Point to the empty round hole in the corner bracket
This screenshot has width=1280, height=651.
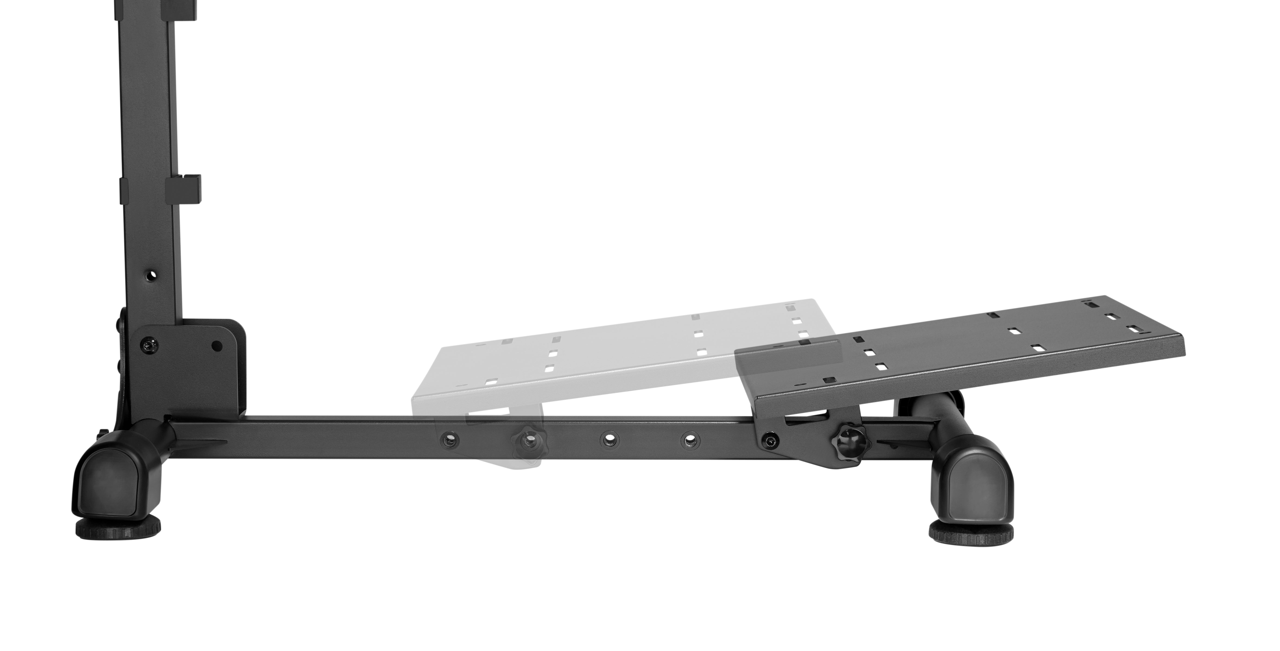pos(217,345)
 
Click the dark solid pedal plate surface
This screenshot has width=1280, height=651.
pos(944,348)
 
